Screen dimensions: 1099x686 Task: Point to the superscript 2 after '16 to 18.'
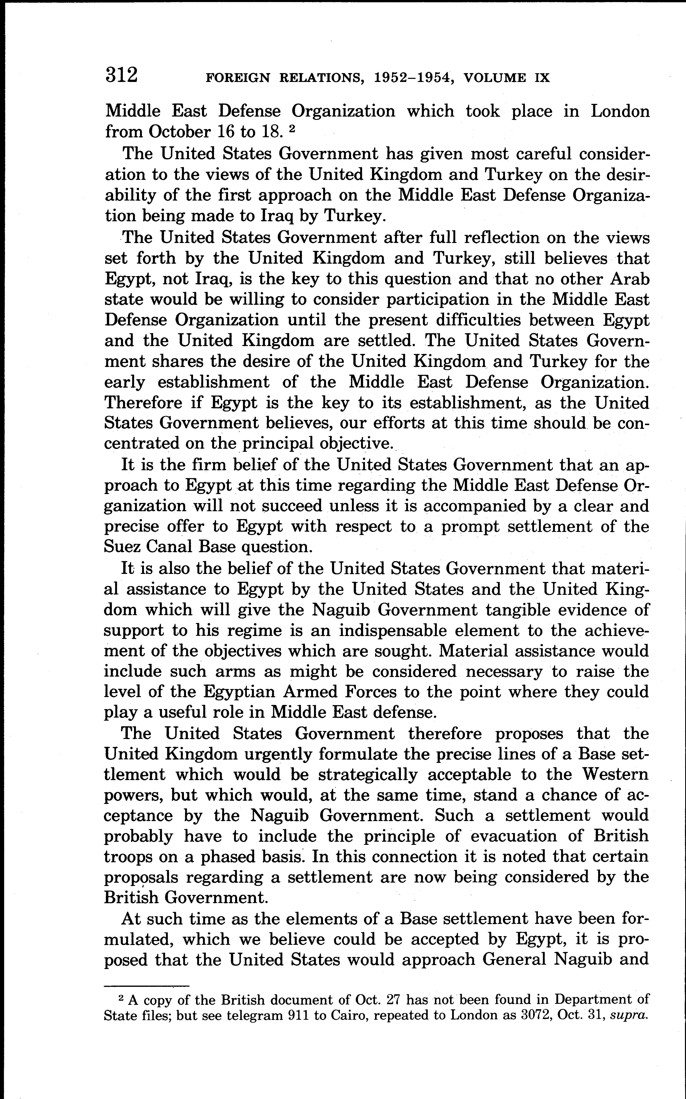tap(293, 129)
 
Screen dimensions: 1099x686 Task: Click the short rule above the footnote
tap(146, 986)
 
